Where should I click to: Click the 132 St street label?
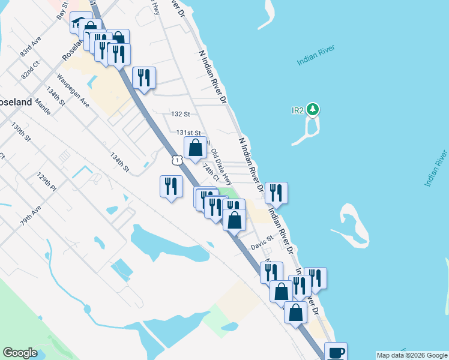pyautogui.click(x=180, y=113)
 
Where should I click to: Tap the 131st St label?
pyautogui.click(x=188, y=133)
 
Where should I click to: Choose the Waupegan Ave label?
pyautogui.click(x=73, y=91)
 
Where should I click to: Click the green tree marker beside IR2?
pyautogui.click(x=312, y=109)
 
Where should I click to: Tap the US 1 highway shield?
pyautogui.click(x=176, y=160)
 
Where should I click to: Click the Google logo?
pyautogui.click(x=20, y=353)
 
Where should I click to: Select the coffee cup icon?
pyautogui.click(x=336, y=351)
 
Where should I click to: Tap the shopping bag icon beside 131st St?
pyautogui.click(x=195, y=146)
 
